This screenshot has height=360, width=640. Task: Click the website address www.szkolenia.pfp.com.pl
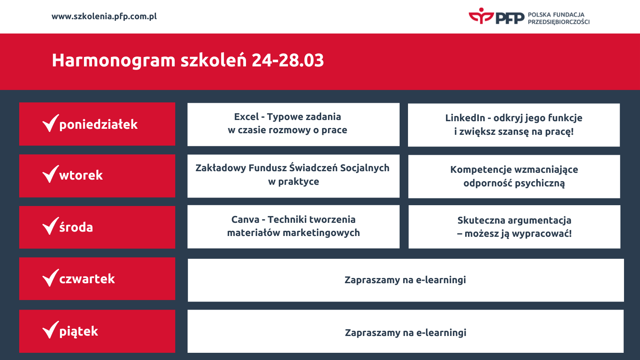click(104, 16)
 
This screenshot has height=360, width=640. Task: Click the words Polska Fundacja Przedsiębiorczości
click(558, 18)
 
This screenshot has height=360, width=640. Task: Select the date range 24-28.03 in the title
click(288, 60)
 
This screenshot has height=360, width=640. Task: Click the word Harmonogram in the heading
click(114, 60)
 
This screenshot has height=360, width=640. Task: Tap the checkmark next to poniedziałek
click(50, 123)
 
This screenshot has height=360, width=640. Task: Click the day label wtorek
click(81, 175)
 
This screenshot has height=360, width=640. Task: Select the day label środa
click(76, 227)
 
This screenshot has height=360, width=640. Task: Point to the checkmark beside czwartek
click(50, 278)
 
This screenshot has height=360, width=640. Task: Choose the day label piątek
click(78, 331)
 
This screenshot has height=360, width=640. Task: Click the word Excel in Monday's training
click(246, 117)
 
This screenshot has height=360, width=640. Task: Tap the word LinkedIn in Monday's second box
click(465, 118)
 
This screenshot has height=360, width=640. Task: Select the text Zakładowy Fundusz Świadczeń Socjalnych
click(292, 168)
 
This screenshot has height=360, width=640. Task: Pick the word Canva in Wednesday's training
click(245, 220)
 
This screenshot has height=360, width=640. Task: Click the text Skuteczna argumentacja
click(514, 220)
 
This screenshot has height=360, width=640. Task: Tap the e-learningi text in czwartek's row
click(441, 280)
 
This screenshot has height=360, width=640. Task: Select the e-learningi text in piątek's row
click(441, 333)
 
